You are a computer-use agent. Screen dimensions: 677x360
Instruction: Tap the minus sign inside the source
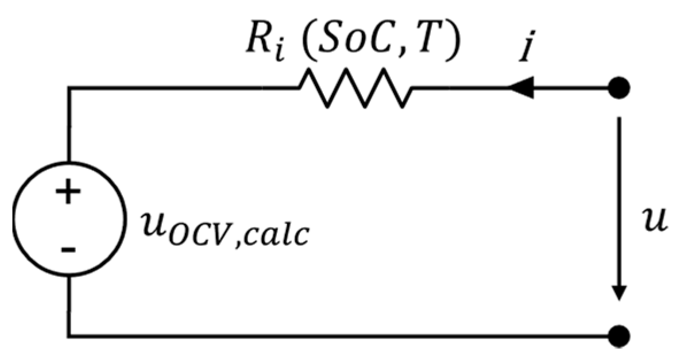click(x=68, y=249)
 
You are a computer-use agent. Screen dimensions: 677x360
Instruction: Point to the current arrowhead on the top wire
click(x=520, y=88)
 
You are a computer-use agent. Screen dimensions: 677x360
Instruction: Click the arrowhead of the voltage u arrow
click(x=619, y=293)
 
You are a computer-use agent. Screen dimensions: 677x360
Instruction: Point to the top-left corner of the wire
click(x=69, y=88)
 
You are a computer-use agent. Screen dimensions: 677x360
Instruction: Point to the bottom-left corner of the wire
click(x=69, y=334)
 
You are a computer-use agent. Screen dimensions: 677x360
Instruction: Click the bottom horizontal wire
click(x=345, y=334)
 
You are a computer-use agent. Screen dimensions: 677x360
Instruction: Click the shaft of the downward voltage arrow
click(x=619, y=201)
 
